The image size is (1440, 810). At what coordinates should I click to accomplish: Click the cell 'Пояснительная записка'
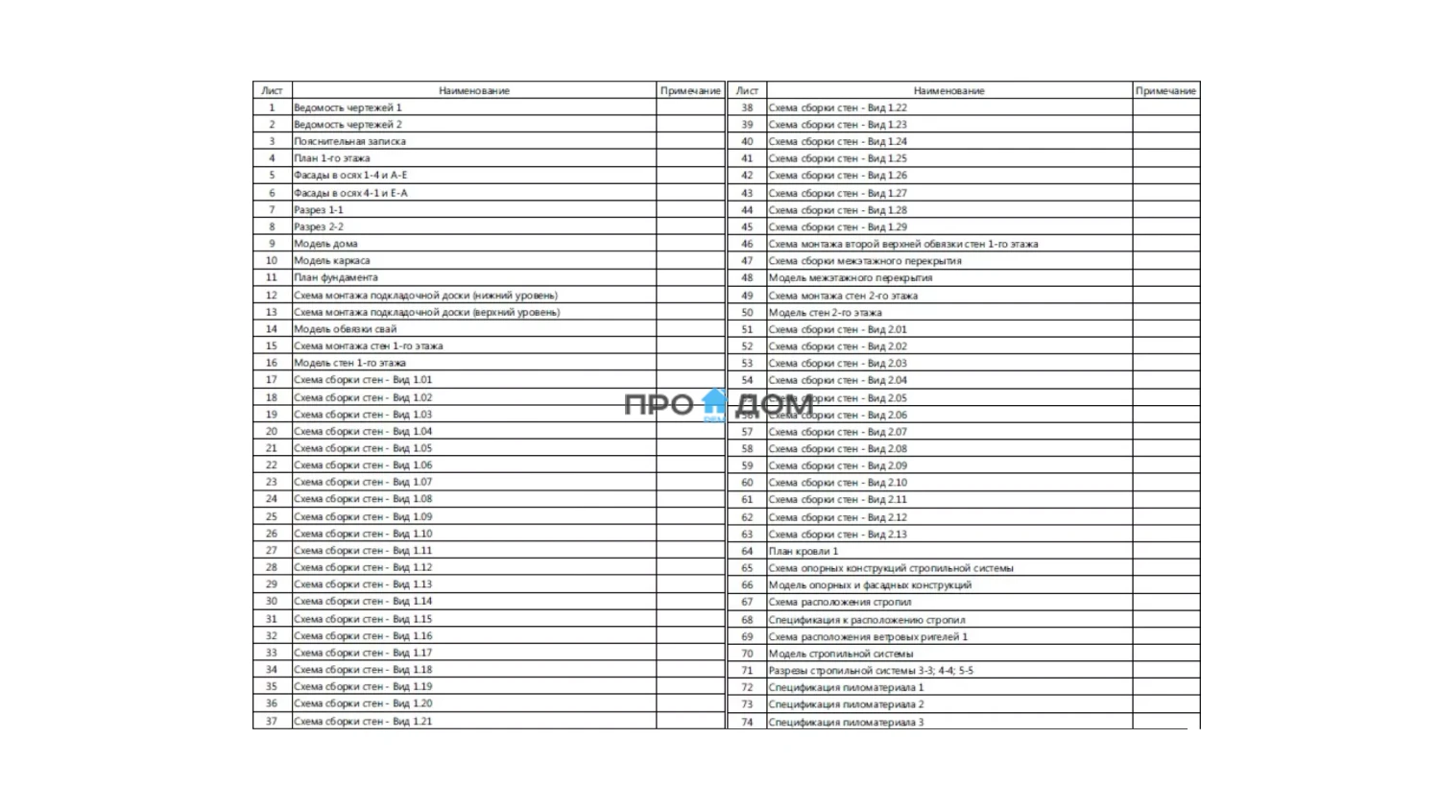coord(349,141)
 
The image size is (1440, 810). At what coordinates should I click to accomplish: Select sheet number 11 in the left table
coord(272,277)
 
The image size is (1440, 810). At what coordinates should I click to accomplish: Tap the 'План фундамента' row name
coord(336,277)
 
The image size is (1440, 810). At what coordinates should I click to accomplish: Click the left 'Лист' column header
coord(272,90)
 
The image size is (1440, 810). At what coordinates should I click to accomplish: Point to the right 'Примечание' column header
coord(1165,90)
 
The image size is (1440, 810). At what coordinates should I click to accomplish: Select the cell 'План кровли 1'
coord(804,551)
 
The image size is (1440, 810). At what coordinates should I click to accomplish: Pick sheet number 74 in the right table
coord(747,722)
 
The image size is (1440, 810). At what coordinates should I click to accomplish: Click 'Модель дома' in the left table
coord(325,244)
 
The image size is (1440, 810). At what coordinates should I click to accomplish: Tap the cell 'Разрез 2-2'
coord(319,226)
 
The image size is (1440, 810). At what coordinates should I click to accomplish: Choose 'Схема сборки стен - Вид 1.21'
coord(363,721)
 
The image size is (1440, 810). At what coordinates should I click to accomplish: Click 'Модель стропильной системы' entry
coord(841,654)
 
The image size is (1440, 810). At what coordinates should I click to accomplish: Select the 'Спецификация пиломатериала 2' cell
coord(846,704)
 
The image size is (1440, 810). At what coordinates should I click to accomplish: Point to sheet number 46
coord(747,244)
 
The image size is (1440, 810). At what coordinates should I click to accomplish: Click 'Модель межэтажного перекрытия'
coord(851,277)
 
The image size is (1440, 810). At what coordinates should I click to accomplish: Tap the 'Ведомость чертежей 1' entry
coord(348,107)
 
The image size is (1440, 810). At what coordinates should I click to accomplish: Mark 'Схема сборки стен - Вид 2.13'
coord(837,534)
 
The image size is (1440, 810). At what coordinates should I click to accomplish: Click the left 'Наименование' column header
coord(474,90)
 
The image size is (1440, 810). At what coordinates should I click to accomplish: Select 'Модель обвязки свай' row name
coord(345,328)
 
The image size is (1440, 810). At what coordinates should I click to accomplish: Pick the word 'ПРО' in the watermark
coord(659,405)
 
